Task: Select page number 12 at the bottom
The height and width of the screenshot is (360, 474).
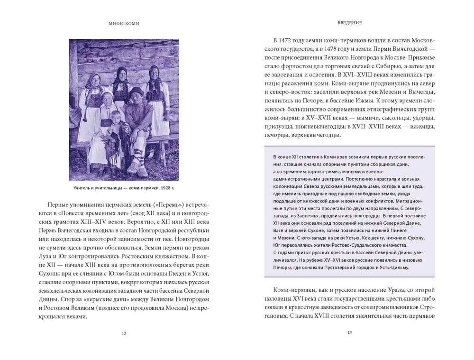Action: (124, 333)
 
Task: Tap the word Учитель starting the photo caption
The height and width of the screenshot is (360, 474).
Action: (84, 188)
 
